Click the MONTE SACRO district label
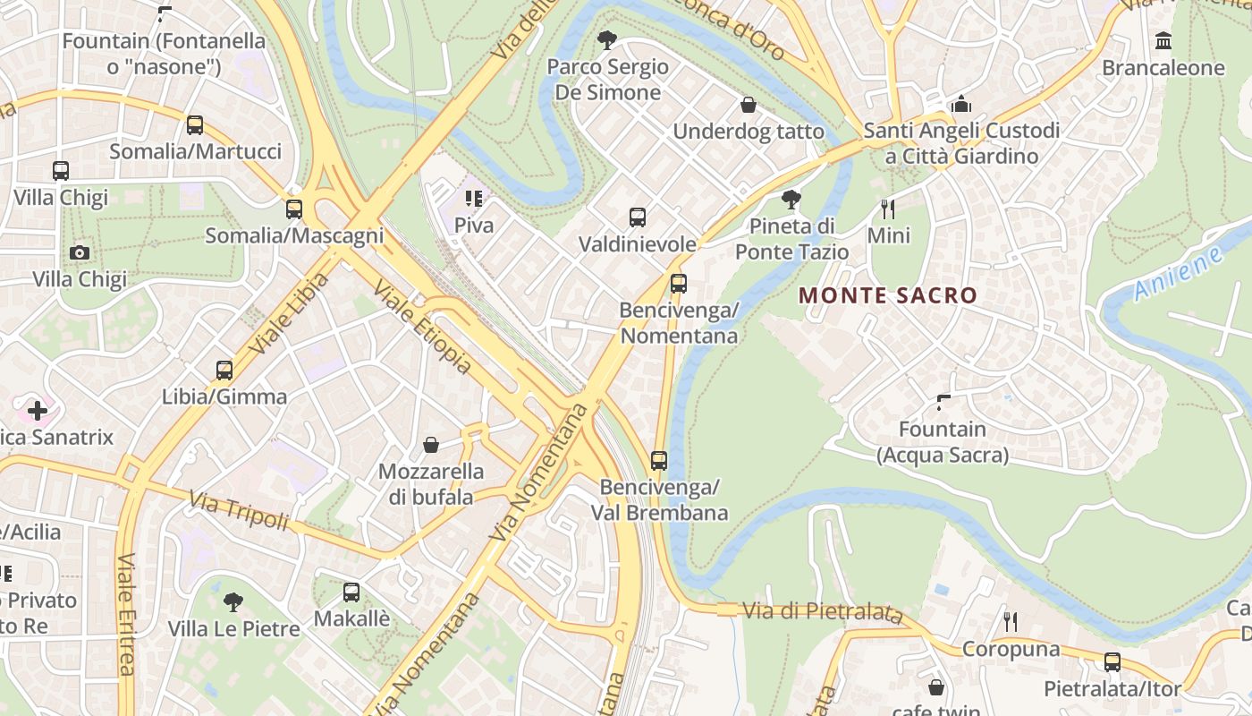pos(888,295)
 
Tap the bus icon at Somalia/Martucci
pos(195,125)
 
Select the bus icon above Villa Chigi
pos(61,171)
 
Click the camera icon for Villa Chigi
pos(80,253)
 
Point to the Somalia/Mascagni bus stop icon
pos(294,209)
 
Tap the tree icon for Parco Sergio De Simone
pos(607,39)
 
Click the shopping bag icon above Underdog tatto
pos(749,105)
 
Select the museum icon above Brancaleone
pos(1163,41)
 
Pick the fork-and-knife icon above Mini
pos(888,209)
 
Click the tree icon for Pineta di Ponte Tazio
pos(791,199)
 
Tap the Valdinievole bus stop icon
pos(638,217)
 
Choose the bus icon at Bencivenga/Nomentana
pos(679,284)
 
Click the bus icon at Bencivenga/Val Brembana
pos(659,461)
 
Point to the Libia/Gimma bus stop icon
pos(224,371)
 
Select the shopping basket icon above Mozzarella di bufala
pos(431,445)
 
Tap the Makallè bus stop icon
pos(351,592)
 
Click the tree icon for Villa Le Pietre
pos(233,601)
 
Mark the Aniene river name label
pos(1179,274)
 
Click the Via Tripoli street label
pos(238,510)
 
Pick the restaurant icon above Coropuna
pos(1011,622)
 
